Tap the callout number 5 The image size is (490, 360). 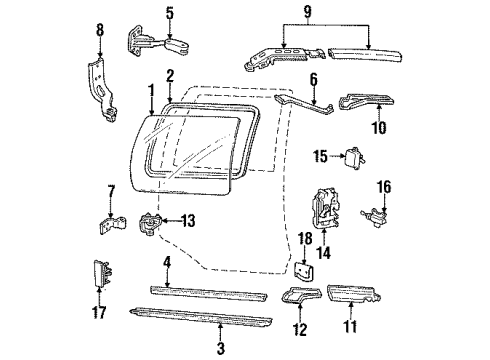coord(169,13)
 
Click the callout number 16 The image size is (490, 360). coord(383,187)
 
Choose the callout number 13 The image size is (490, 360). coord(187,221)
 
